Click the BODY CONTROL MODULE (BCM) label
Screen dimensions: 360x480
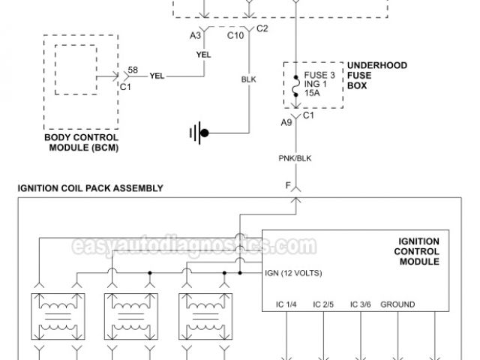[x=82, y=143]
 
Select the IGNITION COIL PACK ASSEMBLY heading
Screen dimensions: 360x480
[x=91, y=187]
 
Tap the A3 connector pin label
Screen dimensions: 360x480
[x=195, y=35]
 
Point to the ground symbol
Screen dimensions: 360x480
[x=199, y=134]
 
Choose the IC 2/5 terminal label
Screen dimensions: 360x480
[x=323, y=304]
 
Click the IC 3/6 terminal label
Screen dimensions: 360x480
[x=361, y=304]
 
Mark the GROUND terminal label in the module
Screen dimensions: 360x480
[x=397, y=304]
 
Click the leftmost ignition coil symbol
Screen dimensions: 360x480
[x=57, y=319]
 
